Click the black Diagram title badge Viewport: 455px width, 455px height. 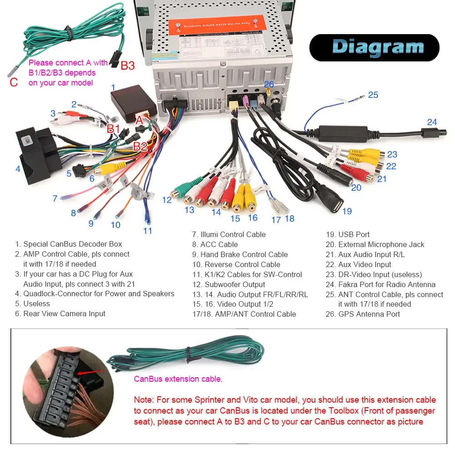point(374,47)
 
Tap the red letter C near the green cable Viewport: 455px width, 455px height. point(14,82)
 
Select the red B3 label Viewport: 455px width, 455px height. point(127,66)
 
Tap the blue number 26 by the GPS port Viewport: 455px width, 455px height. point(269,84)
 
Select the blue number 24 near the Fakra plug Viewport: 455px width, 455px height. point(432,122)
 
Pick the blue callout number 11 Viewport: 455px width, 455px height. point(147,231)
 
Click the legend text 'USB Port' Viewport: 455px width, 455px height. point(354,234)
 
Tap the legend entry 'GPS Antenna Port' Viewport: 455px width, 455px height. point(369,314)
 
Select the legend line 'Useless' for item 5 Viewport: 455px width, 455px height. point(36,303)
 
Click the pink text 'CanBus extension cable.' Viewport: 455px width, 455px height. point(178,379)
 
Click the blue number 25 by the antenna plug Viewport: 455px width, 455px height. point(373,95)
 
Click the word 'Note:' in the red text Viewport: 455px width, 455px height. point(143,400)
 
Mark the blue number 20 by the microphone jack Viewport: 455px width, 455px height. point(356,187)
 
